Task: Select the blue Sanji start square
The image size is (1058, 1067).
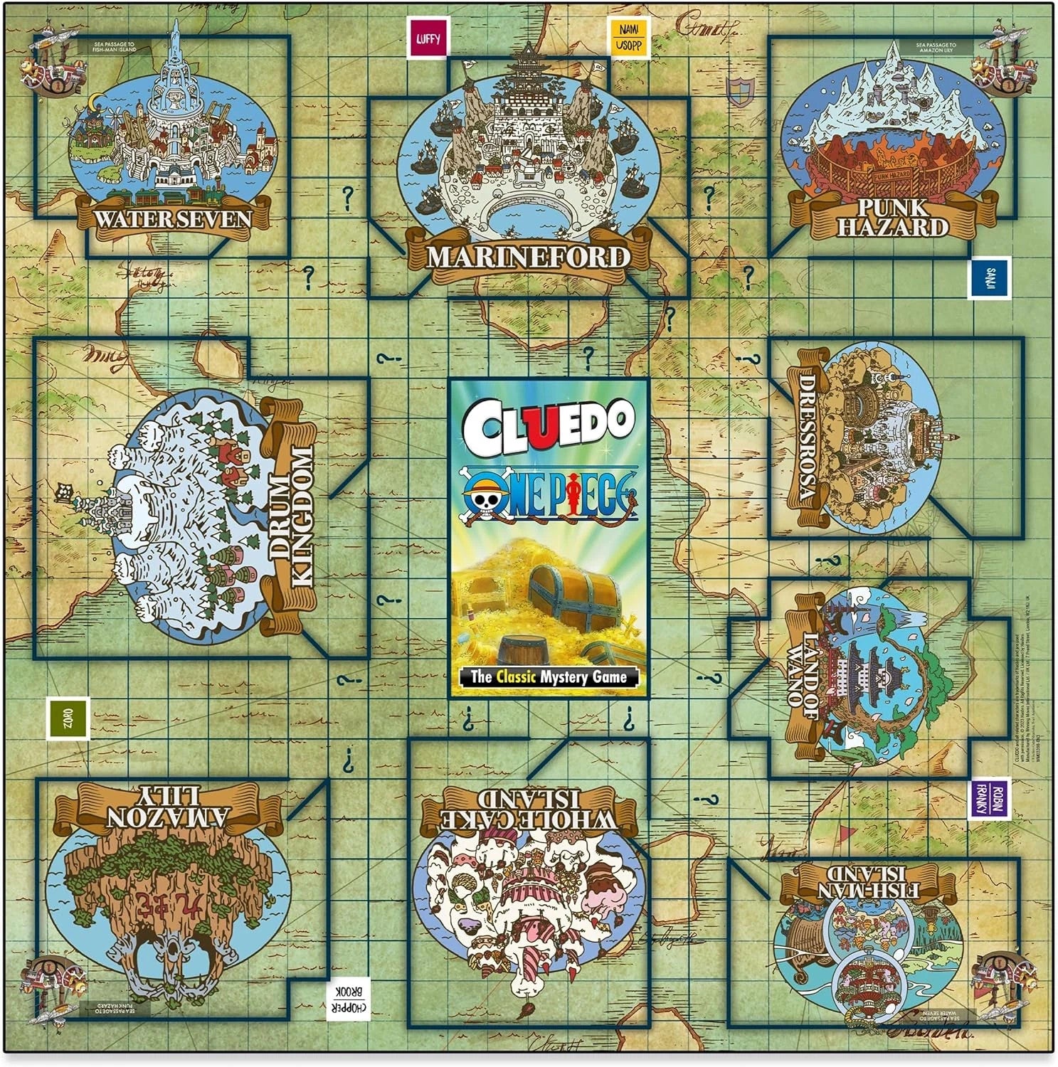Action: click(989, 278)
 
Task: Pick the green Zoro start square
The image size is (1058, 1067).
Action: click(68, 718)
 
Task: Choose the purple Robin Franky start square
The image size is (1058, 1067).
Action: click(989, 799)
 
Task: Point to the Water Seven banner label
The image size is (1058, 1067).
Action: click(173, 218)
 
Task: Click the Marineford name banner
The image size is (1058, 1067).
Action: click(528, 257)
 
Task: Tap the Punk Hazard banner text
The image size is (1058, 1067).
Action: click(892, 218)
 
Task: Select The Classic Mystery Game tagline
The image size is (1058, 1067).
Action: click(547, 676)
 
